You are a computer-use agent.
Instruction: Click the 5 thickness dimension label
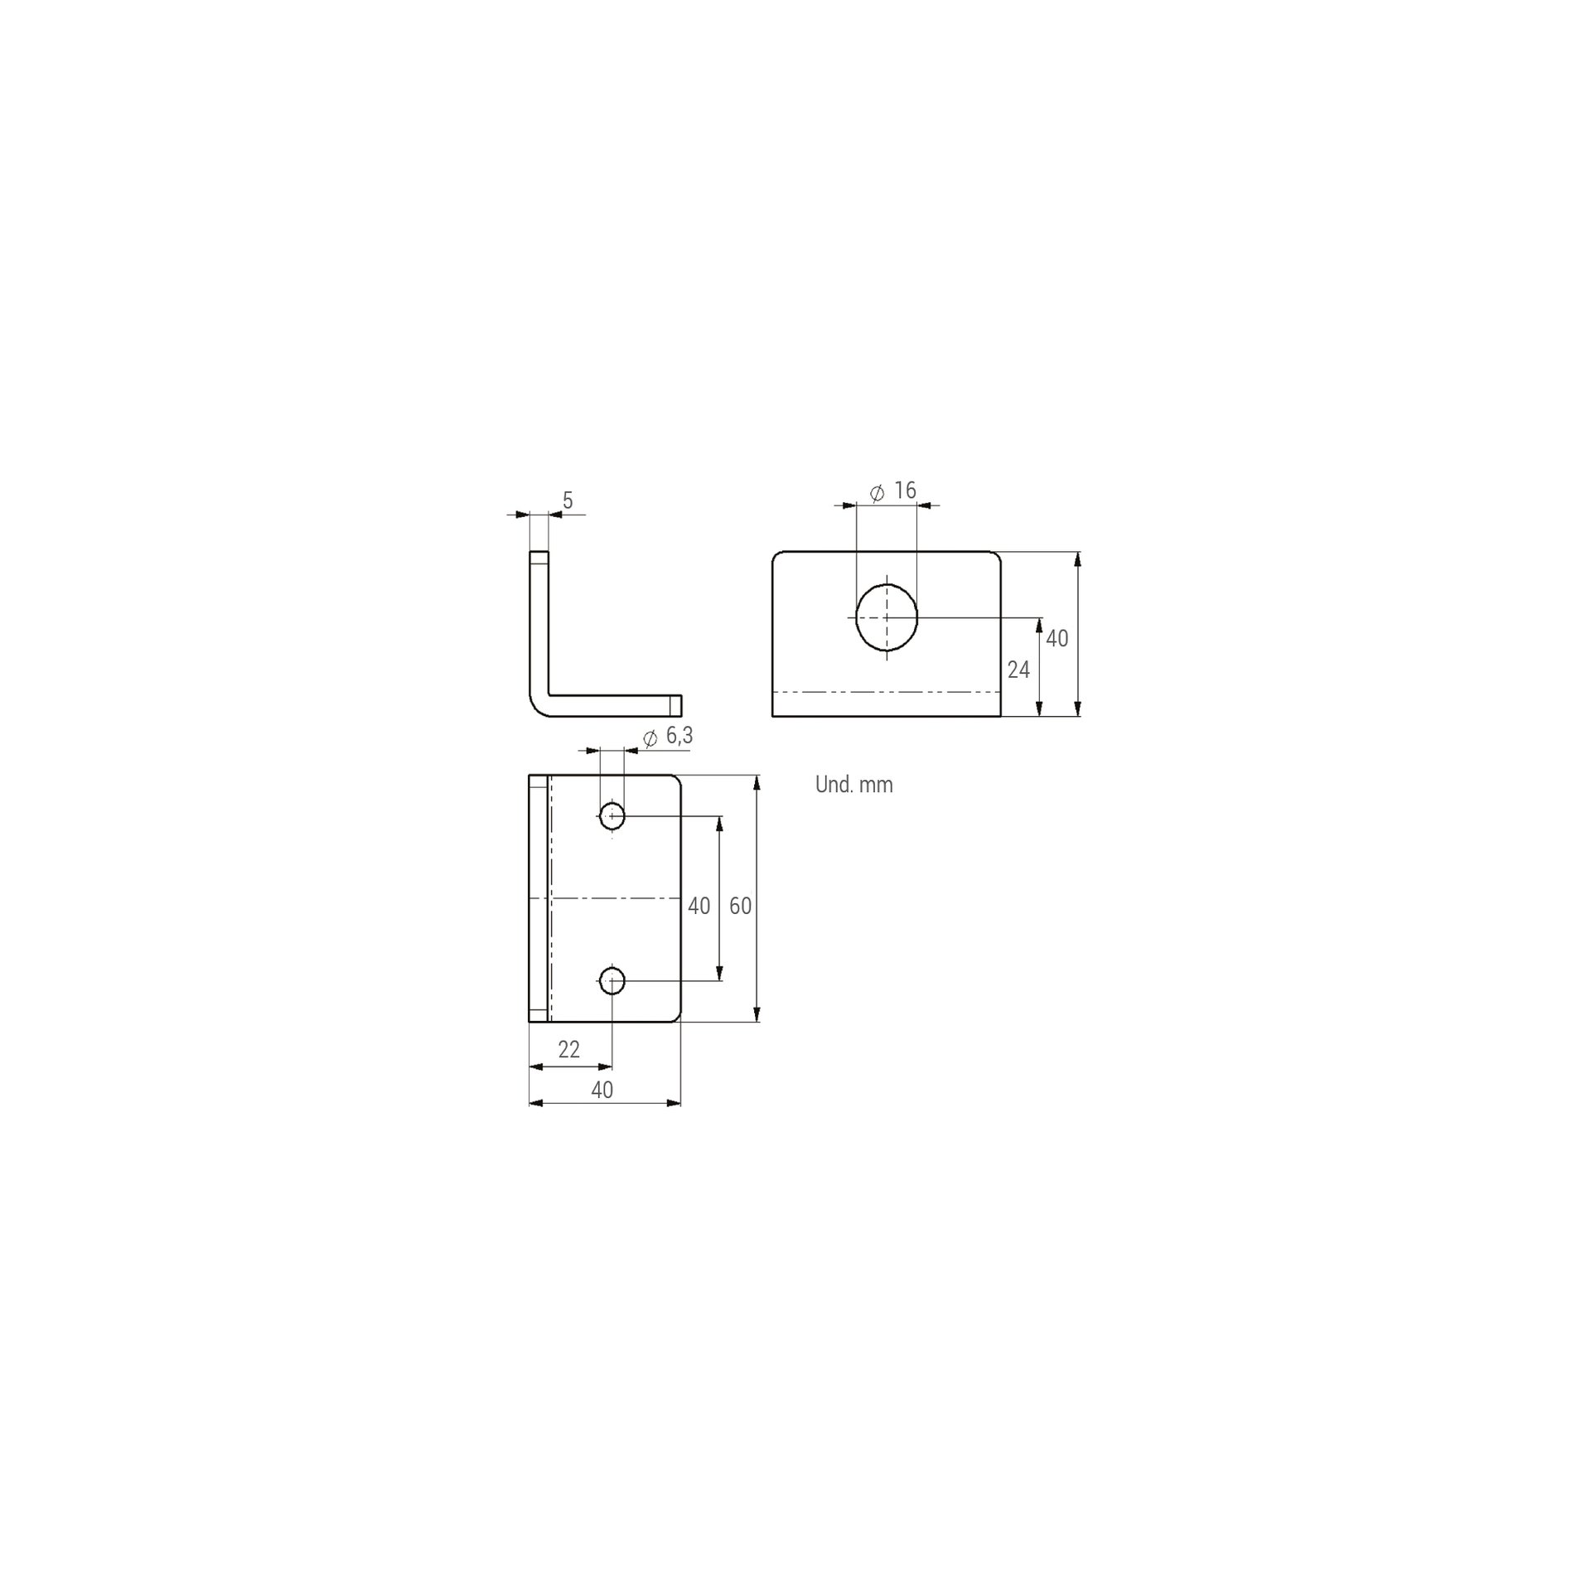(568, 501)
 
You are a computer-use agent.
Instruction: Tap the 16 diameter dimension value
(905, 491)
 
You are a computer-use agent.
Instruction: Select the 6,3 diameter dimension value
(679, 736)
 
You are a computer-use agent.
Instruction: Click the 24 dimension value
(1018, 670)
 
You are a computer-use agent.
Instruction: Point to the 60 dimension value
(740, 907)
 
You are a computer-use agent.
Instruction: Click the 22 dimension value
(568, 1050)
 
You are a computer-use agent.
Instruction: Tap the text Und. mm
(854, 785)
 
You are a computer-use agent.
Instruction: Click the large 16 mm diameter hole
(887, 617)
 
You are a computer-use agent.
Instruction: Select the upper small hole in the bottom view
(612, 815)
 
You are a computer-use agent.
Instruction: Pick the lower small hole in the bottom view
(612, 981)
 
